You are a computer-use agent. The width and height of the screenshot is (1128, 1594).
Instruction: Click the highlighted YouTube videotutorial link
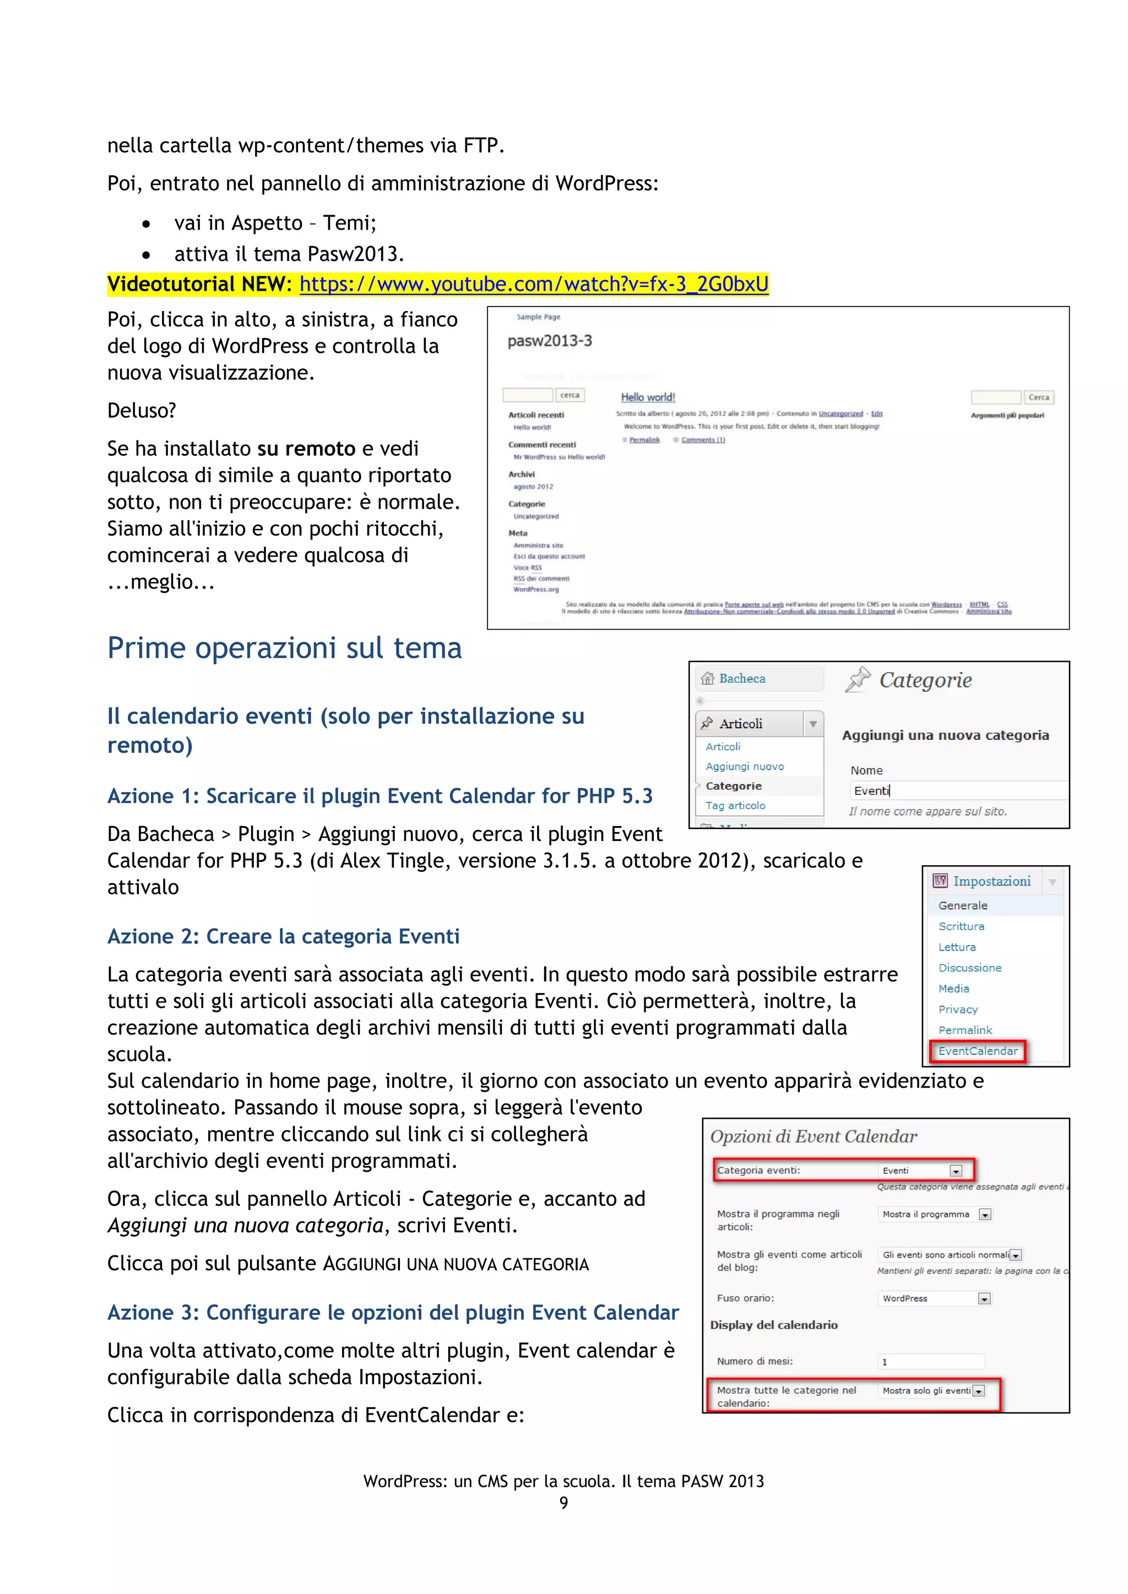point(534,284)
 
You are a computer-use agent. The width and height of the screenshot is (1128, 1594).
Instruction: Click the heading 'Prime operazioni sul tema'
point(284,648)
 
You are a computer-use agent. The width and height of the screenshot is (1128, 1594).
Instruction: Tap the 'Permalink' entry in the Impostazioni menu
point(965,1030)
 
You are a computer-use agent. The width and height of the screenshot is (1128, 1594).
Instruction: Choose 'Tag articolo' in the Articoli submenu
point(735,805)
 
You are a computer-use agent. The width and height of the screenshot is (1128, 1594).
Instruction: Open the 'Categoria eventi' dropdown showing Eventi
point(921,1171)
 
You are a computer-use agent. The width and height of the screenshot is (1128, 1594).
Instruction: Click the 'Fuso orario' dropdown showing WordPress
point(935,1298)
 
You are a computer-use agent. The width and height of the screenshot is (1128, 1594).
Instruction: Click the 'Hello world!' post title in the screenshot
point(647,397)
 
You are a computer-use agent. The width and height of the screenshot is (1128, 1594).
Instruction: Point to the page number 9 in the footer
point(563,1503)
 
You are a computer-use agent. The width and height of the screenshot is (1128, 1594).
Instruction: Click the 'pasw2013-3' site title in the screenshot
point(550,341)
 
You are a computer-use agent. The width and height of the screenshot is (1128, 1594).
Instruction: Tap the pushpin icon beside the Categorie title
point(858,680)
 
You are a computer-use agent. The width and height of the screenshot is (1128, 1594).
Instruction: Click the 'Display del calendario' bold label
point(773,1325)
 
